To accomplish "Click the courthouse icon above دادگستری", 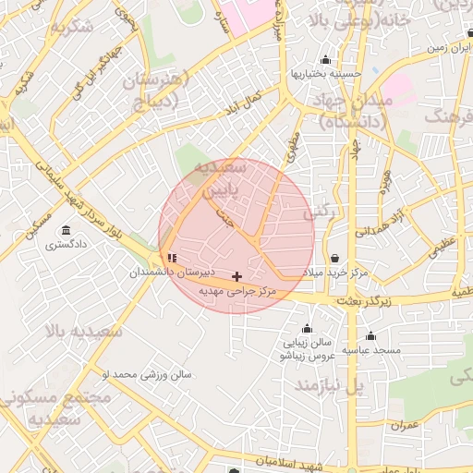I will [x=65, y=230].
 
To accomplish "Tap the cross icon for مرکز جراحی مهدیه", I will [x=237, y=276].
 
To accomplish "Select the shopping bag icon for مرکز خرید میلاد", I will [x=334, y=258].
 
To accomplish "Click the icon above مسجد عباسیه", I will [x=370, y=335].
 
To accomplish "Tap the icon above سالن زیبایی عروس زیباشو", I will [x=308, y=328].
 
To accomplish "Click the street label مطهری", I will [x=295, y=145].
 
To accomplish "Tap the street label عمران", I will [x=405, y=426].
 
